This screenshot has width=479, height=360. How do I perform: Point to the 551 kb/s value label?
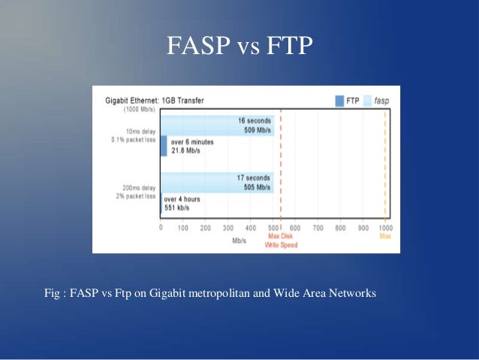click(x=180, y=208)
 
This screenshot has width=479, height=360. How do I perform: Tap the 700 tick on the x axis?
click(x=318, y=228)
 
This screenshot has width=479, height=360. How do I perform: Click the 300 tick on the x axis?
click(x=227, y=228)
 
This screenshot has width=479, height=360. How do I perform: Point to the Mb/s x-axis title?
click(x=239, y=241)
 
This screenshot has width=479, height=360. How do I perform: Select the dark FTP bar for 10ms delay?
click(x=164, y=146)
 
